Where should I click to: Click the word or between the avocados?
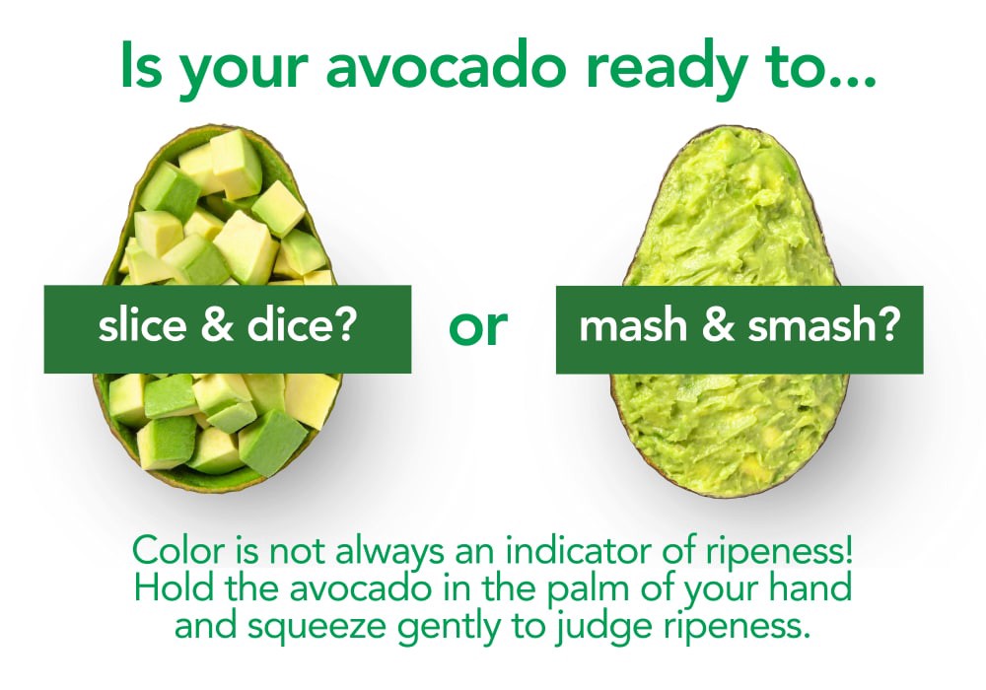point(478,329)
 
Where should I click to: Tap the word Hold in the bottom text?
point(165,589)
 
